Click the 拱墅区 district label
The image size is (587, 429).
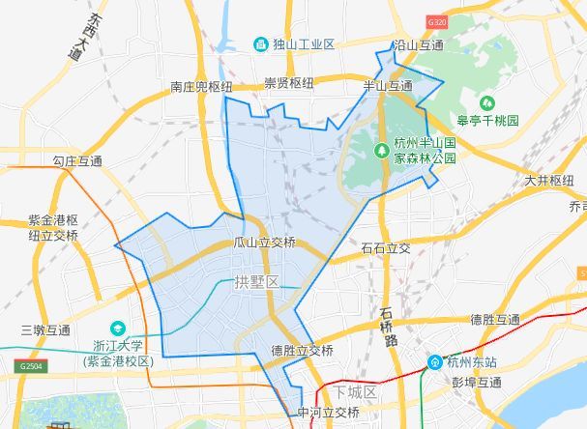coord(256,282)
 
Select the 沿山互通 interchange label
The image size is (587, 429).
coord(419,45)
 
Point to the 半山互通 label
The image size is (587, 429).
coord(387,87)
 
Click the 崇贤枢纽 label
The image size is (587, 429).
coord(289,84)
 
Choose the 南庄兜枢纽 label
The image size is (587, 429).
coord(201,87)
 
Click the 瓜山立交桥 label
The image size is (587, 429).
coord(265,243)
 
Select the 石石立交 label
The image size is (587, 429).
coord(385,248)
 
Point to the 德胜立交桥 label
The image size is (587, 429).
coord(303,350)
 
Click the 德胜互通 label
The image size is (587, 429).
coord(495,320)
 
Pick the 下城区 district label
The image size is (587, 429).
coord(355,392)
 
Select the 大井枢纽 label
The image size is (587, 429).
coord(549,180)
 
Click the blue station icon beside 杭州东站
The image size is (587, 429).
coord(436,362)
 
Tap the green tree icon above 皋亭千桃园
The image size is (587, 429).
coord(487,102)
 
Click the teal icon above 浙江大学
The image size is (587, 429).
coord(118,329)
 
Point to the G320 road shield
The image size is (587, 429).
coord(437,21)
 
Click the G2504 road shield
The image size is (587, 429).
coord(32,367)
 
